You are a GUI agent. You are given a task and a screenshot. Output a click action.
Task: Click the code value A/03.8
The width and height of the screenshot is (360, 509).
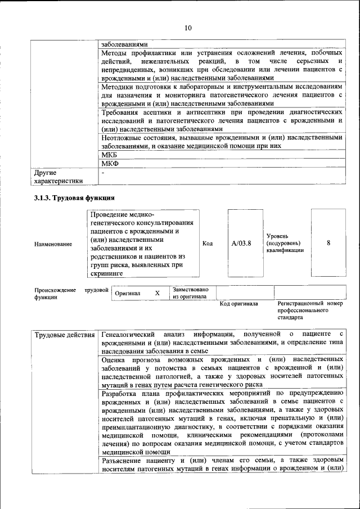coord(241,244)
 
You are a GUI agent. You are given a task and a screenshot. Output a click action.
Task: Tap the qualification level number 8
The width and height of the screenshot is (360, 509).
coord(328,243)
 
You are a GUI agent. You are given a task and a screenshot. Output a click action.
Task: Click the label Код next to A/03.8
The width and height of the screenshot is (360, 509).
coord(207,244)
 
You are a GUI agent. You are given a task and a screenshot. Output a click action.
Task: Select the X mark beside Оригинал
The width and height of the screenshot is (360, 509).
coord(157,293)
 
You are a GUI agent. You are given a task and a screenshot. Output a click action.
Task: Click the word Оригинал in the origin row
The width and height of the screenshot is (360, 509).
coord(128,294)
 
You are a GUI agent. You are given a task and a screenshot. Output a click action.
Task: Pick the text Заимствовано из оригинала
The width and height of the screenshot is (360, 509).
coord(191,293)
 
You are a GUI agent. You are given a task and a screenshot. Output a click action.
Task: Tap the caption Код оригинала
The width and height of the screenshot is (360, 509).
coord(238,304)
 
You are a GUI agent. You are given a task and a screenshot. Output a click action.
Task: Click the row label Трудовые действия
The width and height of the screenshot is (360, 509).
coord(65,336)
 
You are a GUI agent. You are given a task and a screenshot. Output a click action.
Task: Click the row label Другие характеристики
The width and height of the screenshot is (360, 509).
coord(58,177)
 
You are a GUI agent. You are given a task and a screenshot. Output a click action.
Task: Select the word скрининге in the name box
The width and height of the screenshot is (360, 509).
coord(107,273)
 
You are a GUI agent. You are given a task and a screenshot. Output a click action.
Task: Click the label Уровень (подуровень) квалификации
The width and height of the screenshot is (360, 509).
coord(285,243)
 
